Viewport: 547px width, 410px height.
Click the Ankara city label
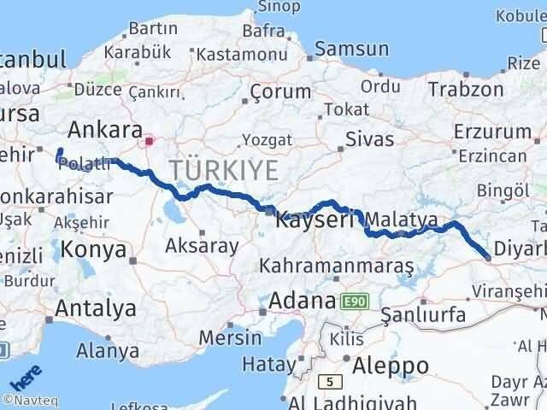(x=104, y=130)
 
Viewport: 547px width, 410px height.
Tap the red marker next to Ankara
(x=150, y=140)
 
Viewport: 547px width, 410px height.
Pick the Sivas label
(x=370, y=138)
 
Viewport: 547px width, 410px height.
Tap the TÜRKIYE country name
(x=224, y=170)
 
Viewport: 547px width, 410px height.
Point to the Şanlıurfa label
(x=424, y=315)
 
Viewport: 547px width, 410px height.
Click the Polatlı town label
(x=85, y=165)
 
